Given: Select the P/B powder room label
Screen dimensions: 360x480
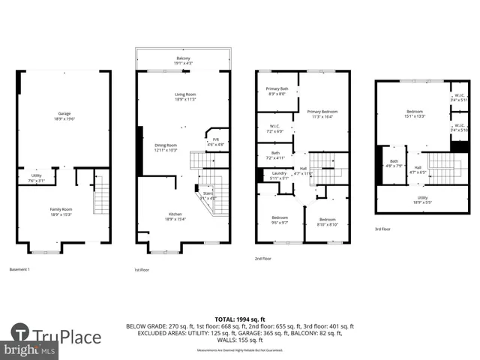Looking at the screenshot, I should pyautogui.click(x=216, y=142).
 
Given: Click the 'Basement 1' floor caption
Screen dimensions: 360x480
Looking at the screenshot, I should pyautogui.click(x=19, y=268).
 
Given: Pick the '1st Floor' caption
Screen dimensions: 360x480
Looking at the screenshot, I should pyautogui.click(x=142, y=268).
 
